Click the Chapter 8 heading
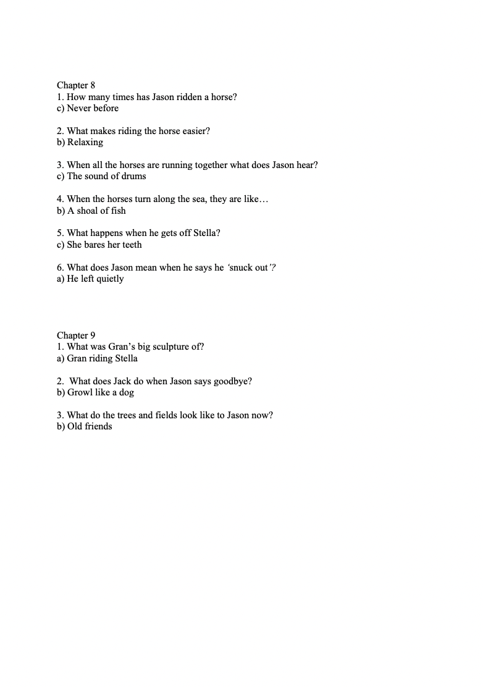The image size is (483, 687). [76, 85]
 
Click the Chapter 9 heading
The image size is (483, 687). [76, 335]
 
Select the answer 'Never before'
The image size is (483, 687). [93, 108]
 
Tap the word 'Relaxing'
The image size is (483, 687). [85, 142]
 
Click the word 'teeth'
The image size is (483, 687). [130, 245]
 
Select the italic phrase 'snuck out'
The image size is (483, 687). [248, 268]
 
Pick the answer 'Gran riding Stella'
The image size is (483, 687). [102, 358]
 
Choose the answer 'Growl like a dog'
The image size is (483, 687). [101, 392]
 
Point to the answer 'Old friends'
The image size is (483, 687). [90, 426]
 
